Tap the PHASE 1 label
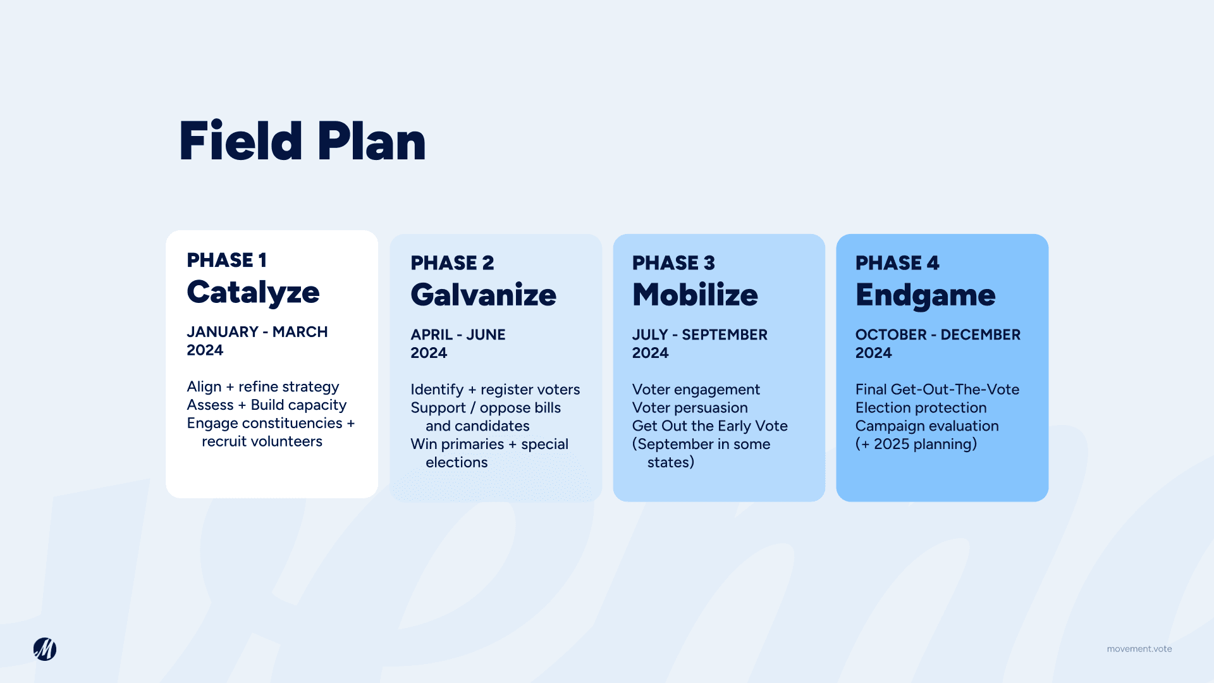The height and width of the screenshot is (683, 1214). [x=226, y=260]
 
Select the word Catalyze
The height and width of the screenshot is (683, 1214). [x=253, y=292]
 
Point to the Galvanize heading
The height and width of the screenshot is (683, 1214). [x=483, y=295]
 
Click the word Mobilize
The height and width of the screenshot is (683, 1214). [x=695, y=295]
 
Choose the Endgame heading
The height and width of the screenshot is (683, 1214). [x=925, y=295]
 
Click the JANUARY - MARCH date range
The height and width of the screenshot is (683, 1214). [x=257, y=332]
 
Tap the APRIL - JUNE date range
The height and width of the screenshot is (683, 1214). [x=458, y=335]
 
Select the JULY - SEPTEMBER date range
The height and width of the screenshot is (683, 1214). [x=699, y=335]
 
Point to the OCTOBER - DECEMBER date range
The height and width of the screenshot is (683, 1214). [x=938, y=335]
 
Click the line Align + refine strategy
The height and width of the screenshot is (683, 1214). [x=263, y=387]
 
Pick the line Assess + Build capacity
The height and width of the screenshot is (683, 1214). [x=267, y=405]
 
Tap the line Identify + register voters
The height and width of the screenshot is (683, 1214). [x=495, y=390]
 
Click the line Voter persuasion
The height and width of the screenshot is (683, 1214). [x=690, y=408]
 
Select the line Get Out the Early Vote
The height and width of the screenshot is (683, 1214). [x=709, y=426]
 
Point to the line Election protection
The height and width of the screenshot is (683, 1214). [x=921, y=408]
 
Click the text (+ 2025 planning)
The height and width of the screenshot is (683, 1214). [x=916, y=444]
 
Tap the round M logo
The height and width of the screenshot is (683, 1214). [x=45, y=649]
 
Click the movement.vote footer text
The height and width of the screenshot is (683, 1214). [x=1139, y=649]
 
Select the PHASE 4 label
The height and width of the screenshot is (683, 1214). [x=897, y=262]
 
